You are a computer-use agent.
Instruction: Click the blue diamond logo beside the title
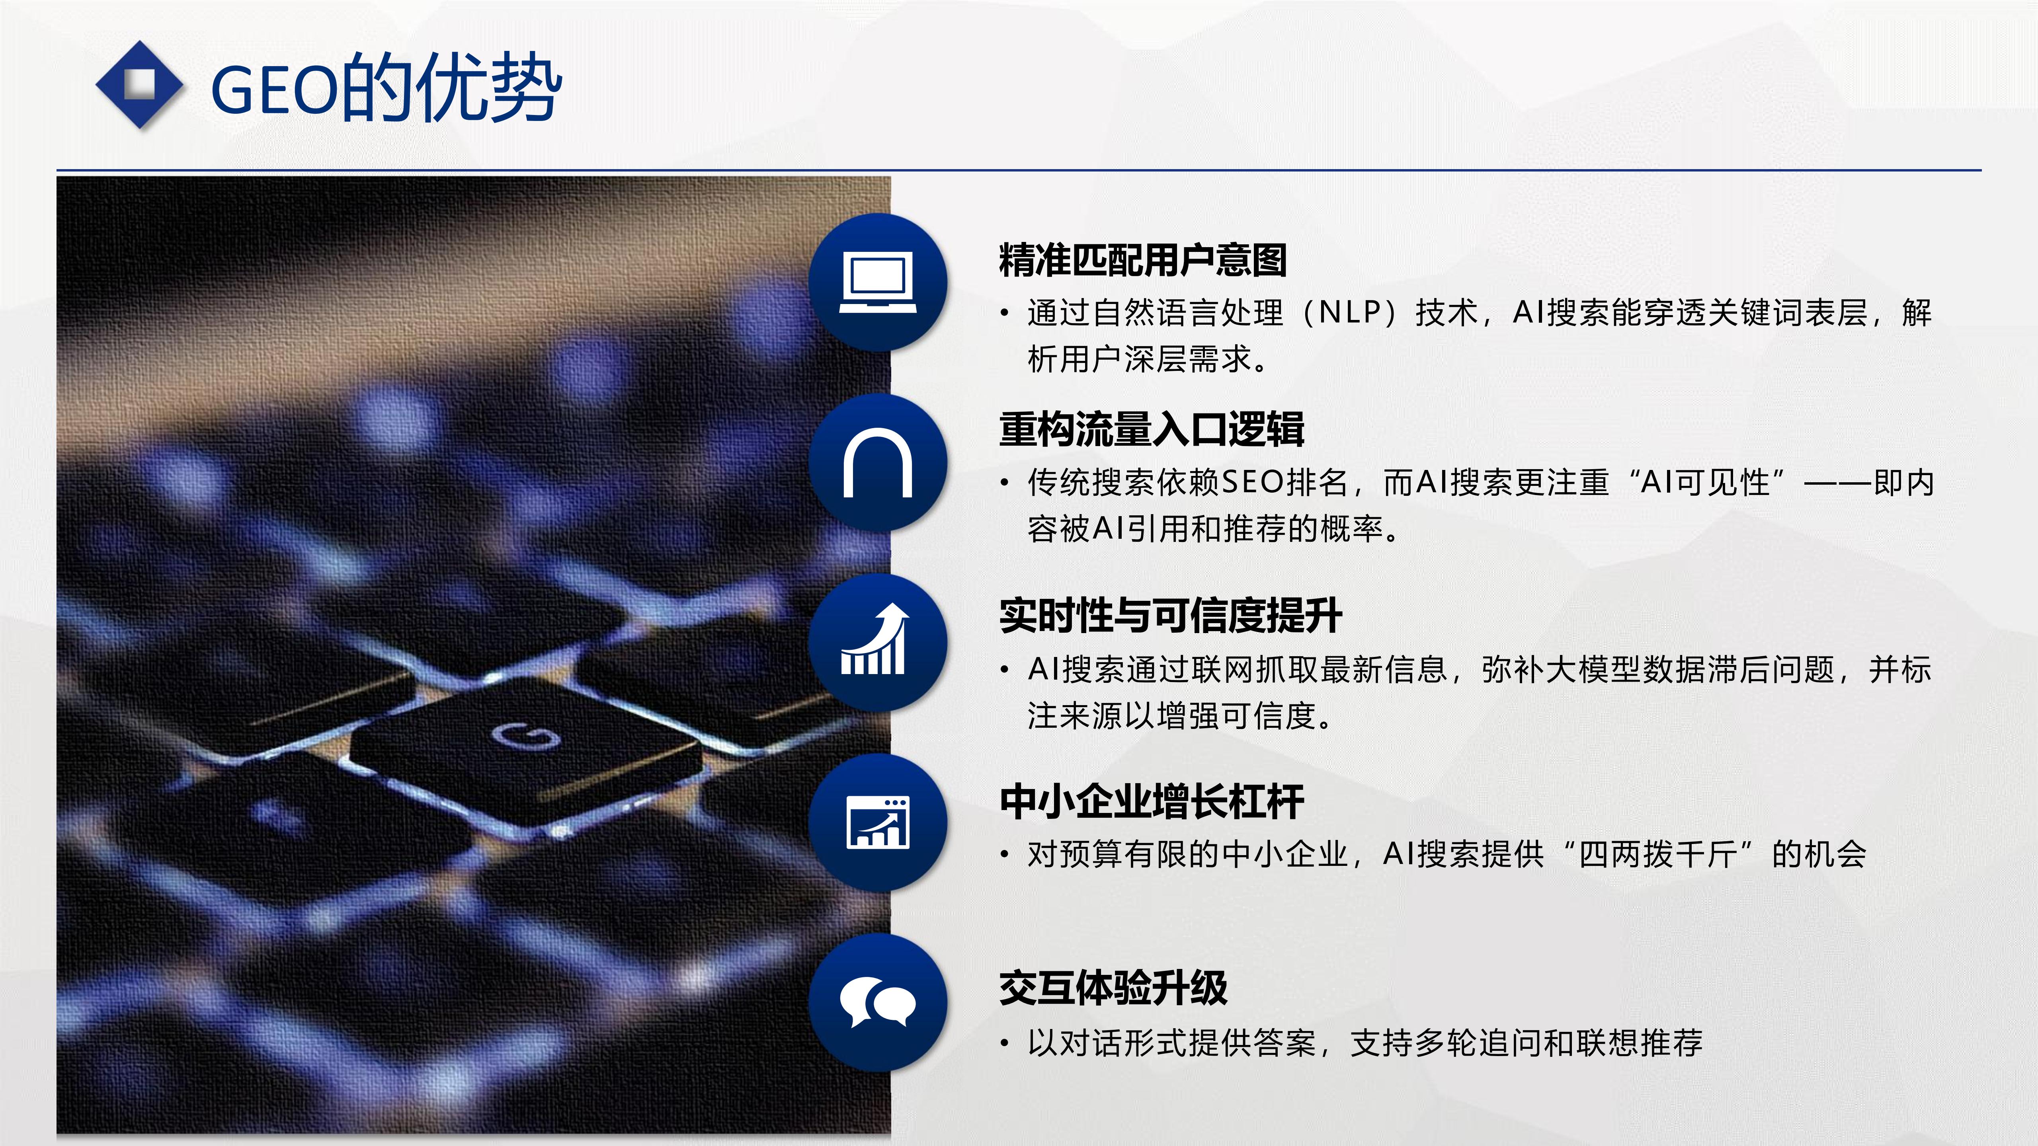point(139,85)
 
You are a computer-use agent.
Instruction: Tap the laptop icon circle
point(877,283)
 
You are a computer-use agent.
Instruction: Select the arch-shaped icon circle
point(877,463)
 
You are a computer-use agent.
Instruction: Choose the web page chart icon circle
point(877,822)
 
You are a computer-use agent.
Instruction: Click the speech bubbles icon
point(877,1002)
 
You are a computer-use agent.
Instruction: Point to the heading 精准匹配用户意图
point(1142,260)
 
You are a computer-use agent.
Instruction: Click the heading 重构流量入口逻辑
point(1151,429)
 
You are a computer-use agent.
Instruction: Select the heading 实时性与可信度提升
point(1170,616)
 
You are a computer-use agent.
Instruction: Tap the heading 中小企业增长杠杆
point(1151,802)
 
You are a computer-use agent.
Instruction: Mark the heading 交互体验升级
point(1113,988)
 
